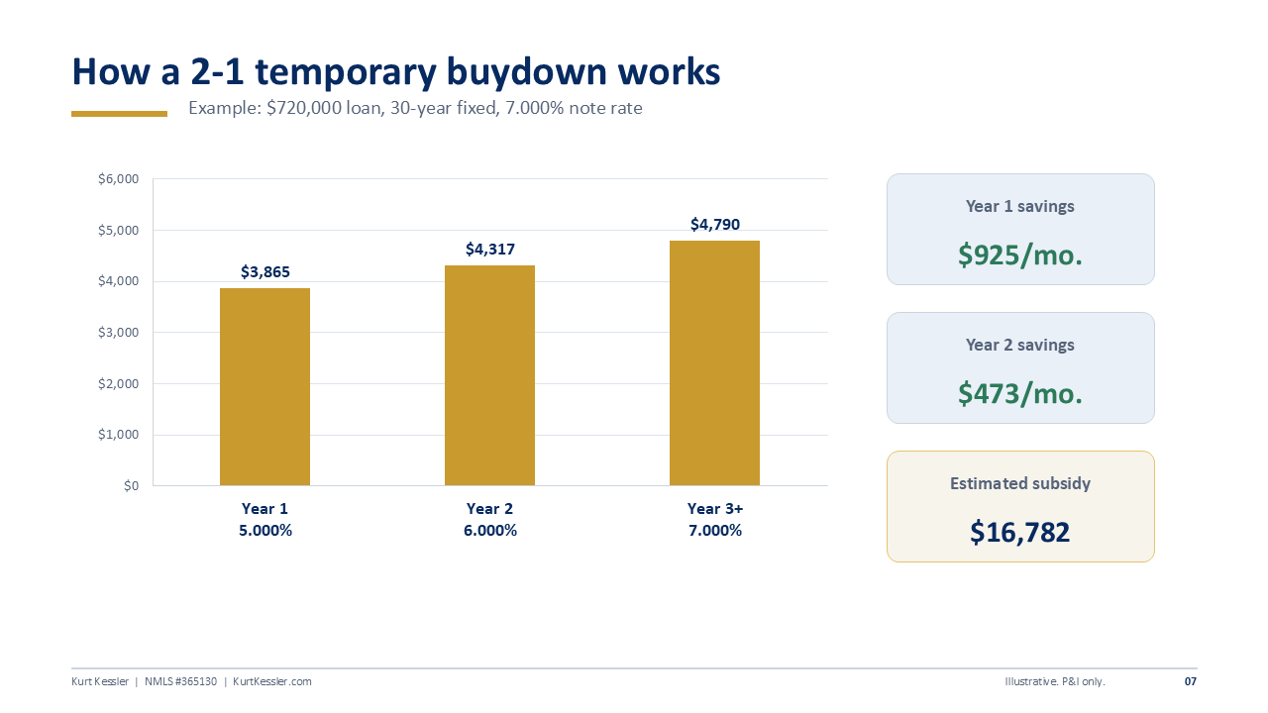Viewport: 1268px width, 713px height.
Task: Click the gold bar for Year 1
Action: [x=264, y=386]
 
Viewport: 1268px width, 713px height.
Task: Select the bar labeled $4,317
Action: [x=489, y=375]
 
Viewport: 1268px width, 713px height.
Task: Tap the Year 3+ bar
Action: [x=714, y=362]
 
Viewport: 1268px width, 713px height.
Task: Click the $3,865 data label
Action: [x=264, y=272]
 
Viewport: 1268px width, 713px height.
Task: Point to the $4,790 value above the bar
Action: [x=715, y=225]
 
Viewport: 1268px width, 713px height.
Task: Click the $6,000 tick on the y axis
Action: [x=118, y=179]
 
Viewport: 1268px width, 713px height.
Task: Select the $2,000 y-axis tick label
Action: [x=118, y=383]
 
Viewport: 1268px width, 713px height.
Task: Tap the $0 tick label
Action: [x=132, y=486]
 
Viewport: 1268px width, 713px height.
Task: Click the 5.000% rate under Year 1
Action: [x=265, y=531]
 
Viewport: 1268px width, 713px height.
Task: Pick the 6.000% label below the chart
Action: [x=490, y=531]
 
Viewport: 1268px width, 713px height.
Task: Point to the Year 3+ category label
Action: [x=715, y=509]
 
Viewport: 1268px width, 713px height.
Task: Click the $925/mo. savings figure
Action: [x=1020, y=255]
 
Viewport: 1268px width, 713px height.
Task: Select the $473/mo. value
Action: [x=1020, y=394]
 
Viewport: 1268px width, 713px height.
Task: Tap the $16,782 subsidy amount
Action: [x=1020, y=533]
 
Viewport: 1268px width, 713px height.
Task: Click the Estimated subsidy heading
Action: [x=1020, y=483]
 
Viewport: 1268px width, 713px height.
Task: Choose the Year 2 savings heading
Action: [x=1020, y=345]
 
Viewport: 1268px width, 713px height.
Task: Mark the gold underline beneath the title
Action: [x=120, y=114]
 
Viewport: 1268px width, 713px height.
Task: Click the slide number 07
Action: [x=1191, y=681]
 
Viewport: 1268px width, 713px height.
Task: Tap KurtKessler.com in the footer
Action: [x=272, y=681]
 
